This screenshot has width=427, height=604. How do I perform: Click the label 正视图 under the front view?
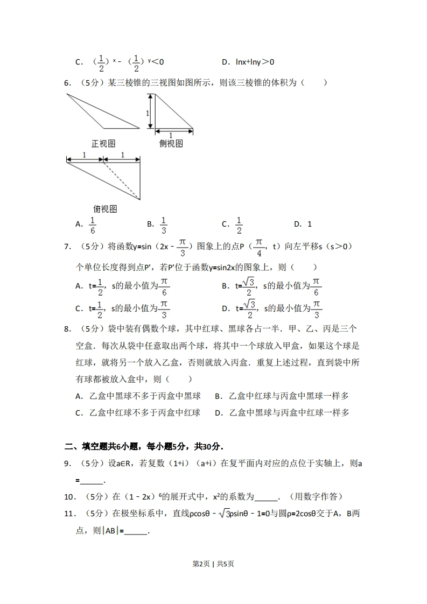point(103,144)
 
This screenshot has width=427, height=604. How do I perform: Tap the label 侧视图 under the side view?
point(171,144)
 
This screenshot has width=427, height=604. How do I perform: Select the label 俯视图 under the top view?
point(105,209)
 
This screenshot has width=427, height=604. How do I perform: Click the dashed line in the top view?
point(122,181)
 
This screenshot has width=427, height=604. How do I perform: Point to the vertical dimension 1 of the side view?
point(146,113)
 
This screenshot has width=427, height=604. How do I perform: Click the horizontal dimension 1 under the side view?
point(171,135)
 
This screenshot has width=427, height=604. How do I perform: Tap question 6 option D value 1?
point(310,224)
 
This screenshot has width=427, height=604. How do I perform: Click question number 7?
point(68,247)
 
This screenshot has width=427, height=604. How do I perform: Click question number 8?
point(68,328)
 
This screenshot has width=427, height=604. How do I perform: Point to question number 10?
point(70,496)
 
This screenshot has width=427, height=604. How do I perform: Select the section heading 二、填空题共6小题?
point(143,446)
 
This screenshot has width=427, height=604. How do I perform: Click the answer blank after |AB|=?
point(135,531)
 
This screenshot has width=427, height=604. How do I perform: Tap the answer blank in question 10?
point(266,497)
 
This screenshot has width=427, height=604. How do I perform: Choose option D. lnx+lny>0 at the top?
point(248,62)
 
